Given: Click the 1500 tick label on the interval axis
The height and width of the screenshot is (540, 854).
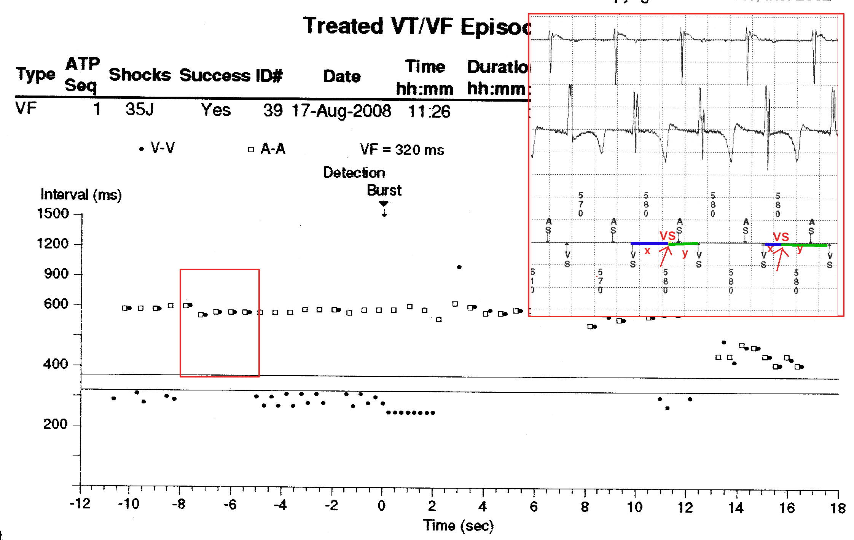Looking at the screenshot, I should click(53, 213).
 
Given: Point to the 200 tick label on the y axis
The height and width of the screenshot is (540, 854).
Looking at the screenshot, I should click(55, 424).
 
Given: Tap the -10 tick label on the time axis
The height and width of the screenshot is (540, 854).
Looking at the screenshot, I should click(129, 505).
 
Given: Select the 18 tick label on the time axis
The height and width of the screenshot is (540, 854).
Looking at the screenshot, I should click(838, 508).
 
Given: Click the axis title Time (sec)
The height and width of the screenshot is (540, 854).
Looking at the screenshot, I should click(458, 526).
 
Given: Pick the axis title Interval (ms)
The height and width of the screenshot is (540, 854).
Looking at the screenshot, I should click(81, 194).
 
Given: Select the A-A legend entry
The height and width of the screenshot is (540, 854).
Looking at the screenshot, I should click(272, 149).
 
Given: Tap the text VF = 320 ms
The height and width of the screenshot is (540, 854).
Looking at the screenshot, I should click(402, 150).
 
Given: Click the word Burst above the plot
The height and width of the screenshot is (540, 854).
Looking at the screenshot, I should click(384, 190).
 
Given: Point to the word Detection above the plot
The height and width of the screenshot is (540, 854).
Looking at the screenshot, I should click(354, 173).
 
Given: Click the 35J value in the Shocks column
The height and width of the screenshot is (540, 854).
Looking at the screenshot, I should click(140, 110).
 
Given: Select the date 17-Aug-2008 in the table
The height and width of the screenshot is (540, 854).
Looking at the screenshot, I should click(341, 111).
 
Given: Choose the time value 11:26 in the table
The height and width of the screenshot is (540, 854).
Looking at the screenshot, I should click(429, 112).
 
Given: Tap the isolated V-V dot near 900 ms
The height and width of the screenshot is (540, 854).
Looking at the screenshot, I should click(459, 267).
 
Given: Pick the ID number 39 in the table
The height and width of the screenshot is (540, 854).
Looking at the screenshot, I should click(273, 110).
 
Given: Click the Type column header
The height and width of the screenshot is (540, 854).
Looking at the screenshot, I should click(36, 74).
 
